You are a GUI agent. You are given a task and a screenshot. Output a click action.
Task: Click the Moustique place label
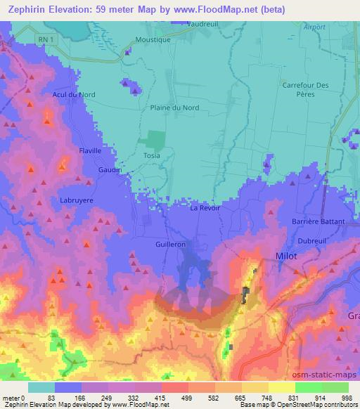pyautogui.click(x=153, y=40)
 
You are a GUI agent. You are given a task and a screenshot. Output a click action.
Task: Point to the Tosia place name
pyautogui.click(x=151, y=155)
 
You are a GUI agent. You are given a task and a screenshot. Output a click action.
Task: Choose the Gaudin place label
pyautogui.click(x=110, y=170)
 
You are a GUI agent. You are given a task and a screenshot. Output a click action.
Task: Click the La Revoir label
pyautogui.click(x=205, y=209)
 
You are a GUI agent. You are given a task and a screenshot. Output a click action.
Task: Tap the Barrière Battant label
pyautogui.click(x=318, y=221)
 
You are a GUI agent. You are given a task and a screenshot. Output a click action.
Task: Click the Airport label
pyautogui.click(x=316, y=27)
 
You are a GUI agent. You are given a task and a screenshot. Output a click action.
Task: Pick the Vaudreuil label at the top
pyautogui.click(x=205, y=23)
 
